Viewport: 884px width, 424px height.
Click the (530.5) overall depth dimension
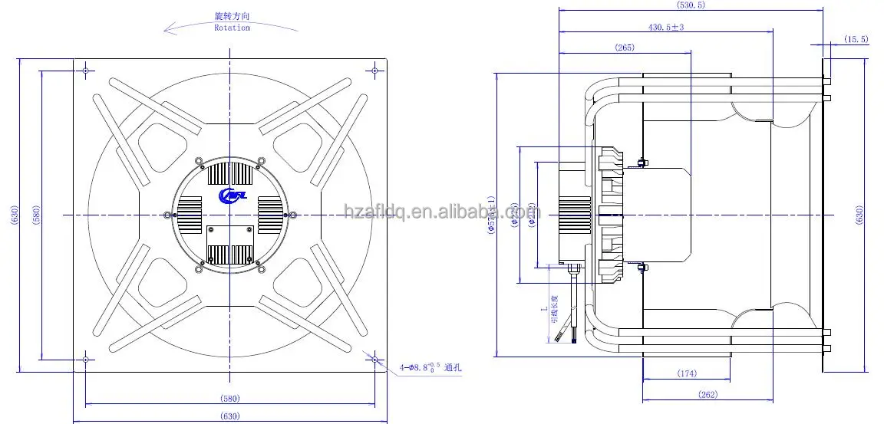[690, 5]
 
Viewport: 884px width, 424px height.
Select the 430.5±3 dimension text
[666, 27]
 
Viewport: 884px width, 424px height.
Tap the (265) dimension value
[625, 48]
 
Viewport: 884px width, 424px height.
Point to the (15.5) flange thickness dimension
[856, 38]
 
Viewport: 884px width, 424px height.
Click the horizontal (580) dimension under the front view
[229, 398]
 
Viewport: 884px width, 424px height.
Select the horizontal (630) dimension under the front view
[229, 416]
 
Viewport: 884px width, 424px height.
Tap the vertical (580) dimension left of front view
[35, 215]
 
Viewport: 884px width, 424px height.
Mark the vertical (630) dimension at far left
[14, 215]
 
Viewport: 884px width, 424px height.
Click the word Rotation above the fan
[232, 28]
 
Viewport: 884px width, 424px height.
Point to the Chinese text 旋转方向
[232, 16]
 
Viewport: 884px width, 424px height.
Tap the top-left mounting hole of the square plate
[85, 71]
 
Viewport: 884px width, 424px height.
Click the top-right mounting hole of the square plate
[374, 71]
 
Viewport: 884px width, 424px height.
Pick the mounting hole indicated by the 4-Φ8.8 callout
[374, 359]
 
